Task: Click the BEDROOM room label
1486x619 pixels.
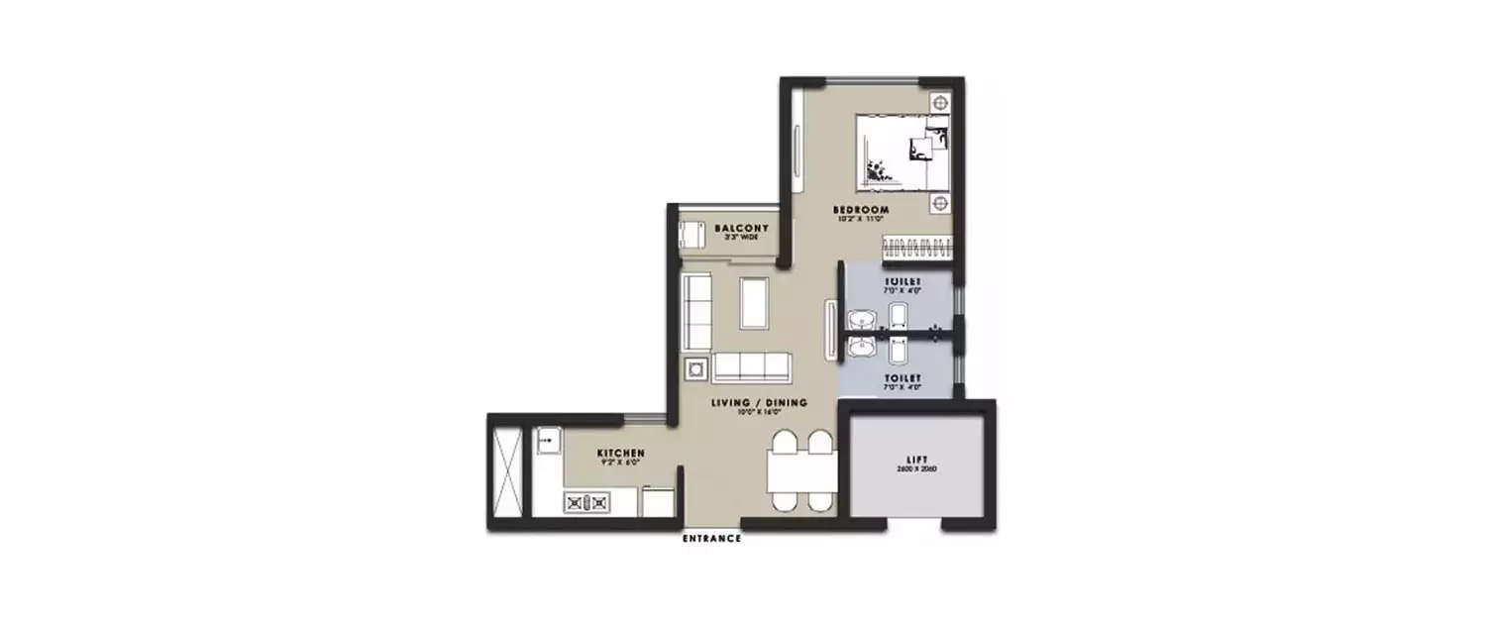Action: tap(860, 210)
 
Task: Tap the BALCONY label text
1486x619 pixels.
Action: tap(742, 229)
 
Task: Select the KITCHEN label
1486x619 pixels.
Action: tap(621, 454)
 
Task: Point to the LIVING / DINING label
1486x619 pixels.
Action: tap(759, 403)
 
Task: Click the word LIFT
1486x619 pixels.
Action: tap(913, 460)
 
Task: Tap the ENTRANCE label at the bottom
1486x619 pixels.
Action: tap(712, 539)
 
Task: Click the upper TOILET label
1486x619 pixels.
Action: tap(902, 282)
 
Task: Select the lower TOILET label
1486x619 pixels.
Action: tap(902, 378)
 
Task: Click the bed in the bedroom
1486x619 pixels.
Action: tap(902, 150)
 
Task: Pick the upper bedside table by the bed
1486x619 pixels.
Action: tap(939, 103)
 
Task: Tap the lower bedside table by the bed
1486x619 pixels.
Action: tap(939, 203)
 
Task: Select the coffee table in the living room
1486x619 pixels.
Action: tap(755, 303)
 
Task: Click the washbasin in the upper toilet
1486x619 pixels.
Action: tap(862, 320)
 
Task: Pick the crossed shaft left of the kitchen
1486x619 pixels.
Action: tap(508, 466)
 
